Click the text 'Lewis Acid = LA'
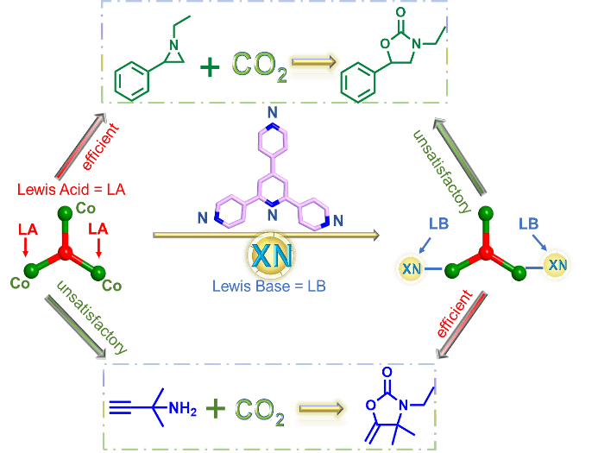pos(72,188)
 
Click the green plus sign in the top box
pos(209,66)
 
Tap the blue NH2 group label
pos(181,408)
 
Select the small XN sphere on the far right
pos(557,263)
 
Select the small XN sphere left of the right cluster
pos(412,269)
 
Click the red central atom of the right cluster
pos(486,252)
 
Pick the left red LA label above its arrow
pos(27,230)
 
